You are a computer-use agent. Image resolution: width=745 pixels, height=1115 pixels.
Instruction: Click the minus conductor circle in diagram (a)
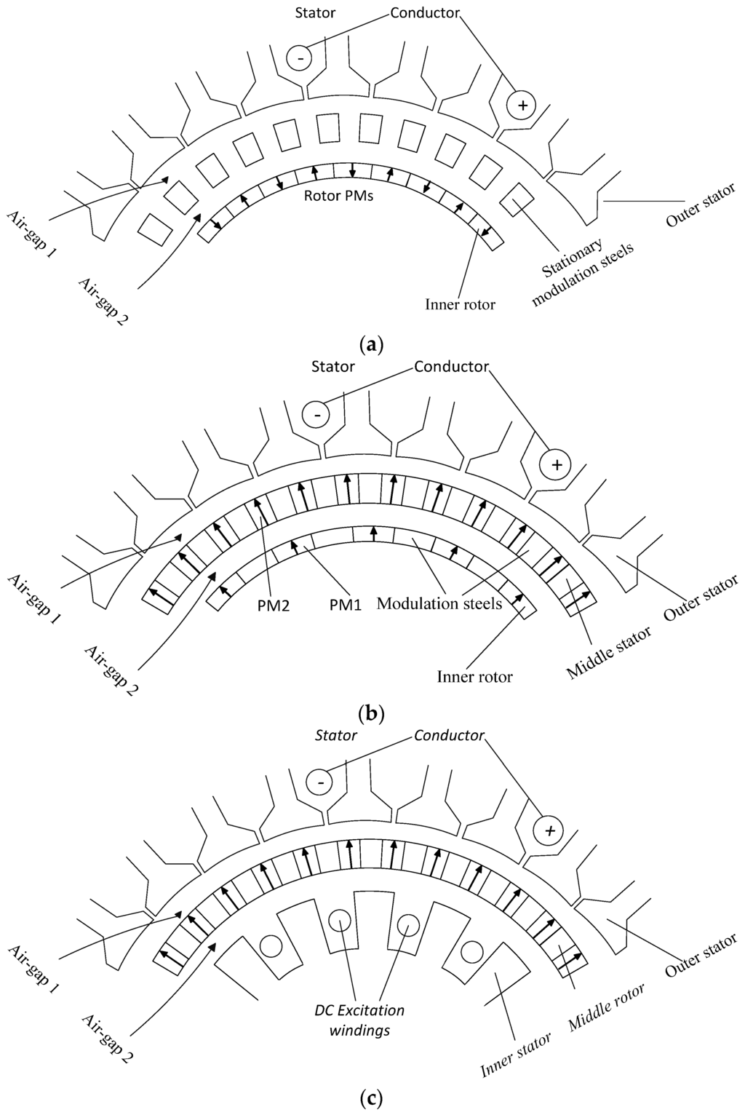(298, 57)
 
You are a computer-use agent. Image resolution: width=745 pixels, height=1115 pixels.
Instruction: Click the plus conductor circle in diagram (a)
(522, 106)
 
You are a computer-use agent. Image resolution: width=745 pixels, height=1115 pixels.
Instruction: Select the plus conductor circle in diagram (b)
(557, 464)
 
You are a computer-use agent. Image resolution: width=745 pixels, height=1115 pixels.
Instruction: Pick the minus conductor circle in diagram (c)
(319, 782)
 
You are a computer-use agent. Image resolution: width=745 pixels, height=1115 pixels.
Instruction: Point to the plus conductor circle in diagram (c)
(550, 830)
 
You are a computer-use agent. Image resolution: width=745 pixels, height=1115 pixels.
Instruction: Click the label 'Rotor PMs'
(338, 196)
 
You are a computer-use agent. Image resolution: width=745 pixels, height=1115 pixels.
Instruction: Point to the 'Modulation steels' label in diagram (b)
(439, 603)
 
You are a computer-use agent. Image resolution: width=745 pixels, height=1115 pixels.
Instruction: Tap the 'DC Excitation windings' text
(359, 1020)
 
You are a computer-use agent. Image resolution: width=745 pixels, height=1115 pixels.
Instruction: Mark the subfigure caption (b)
(372, 713)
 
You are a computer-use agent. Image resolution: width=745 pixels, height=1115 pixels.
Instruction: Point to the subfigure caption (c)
(372, 1096)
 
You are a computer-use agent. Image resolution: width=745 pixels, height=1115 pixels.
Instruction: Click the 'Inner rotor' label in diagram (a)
(460, 304)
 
